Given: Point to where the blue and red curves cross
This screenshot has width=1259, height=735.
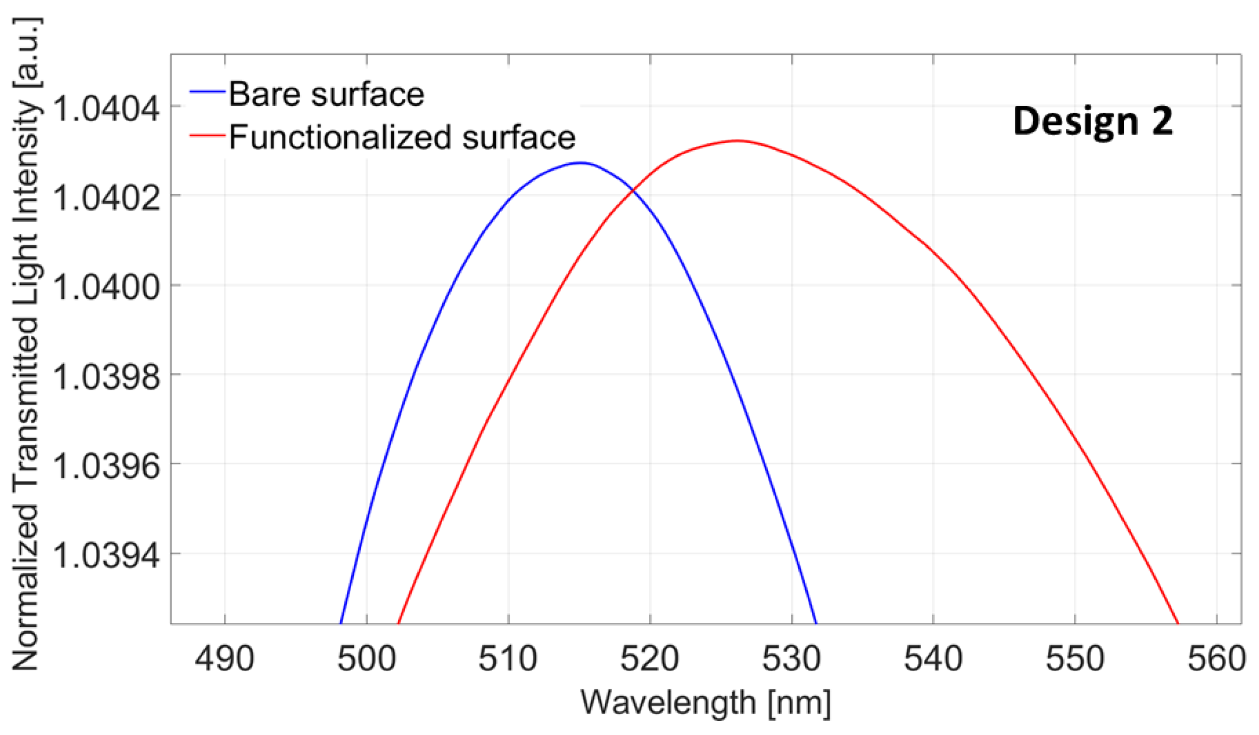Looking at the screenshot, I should pos(633,190).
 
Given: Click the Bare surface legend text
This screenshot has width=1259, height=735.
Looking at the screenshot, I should pos(326,94).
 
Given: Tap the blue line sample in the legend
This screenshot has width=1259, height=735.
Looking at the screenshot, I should pos(208,92).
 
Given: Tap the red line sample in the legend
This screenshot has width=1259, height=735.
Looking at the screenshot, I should pos(208,135).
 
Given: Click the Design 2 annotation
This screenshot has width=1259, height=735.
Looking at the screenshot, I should pos(1092,121).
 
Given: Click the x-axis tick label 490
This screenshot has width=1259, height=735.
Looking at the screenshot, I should pos(225,658).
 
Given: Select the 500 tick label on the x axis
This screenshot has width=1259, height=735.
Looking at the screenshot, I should pos(367,658).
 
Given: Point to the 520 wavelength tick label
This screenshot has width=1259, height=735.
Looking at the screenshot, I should pos(650,658).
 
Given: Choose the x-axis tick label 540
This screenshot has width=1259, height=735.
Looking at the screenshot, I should pos(933,658).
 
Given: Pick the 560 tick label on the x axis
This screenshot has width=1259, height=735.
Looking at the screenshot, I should pos(1216,658).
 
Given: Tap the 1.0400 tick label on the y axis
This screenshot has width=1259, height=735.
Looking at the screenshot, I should pos(106,288).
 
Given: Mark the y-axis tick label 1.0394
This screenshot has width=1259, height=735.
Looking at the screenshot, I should pos(106,556).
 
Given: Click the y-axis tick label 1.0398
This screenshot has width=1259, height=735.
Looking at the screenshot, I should pos(106,377).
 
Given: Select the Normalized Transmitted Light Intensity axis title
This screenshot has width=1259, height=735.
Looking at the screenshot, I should pos(25,343).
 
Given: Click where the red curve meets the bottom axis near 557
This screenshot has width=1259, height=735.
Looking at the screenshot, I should pos(1178,622).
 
